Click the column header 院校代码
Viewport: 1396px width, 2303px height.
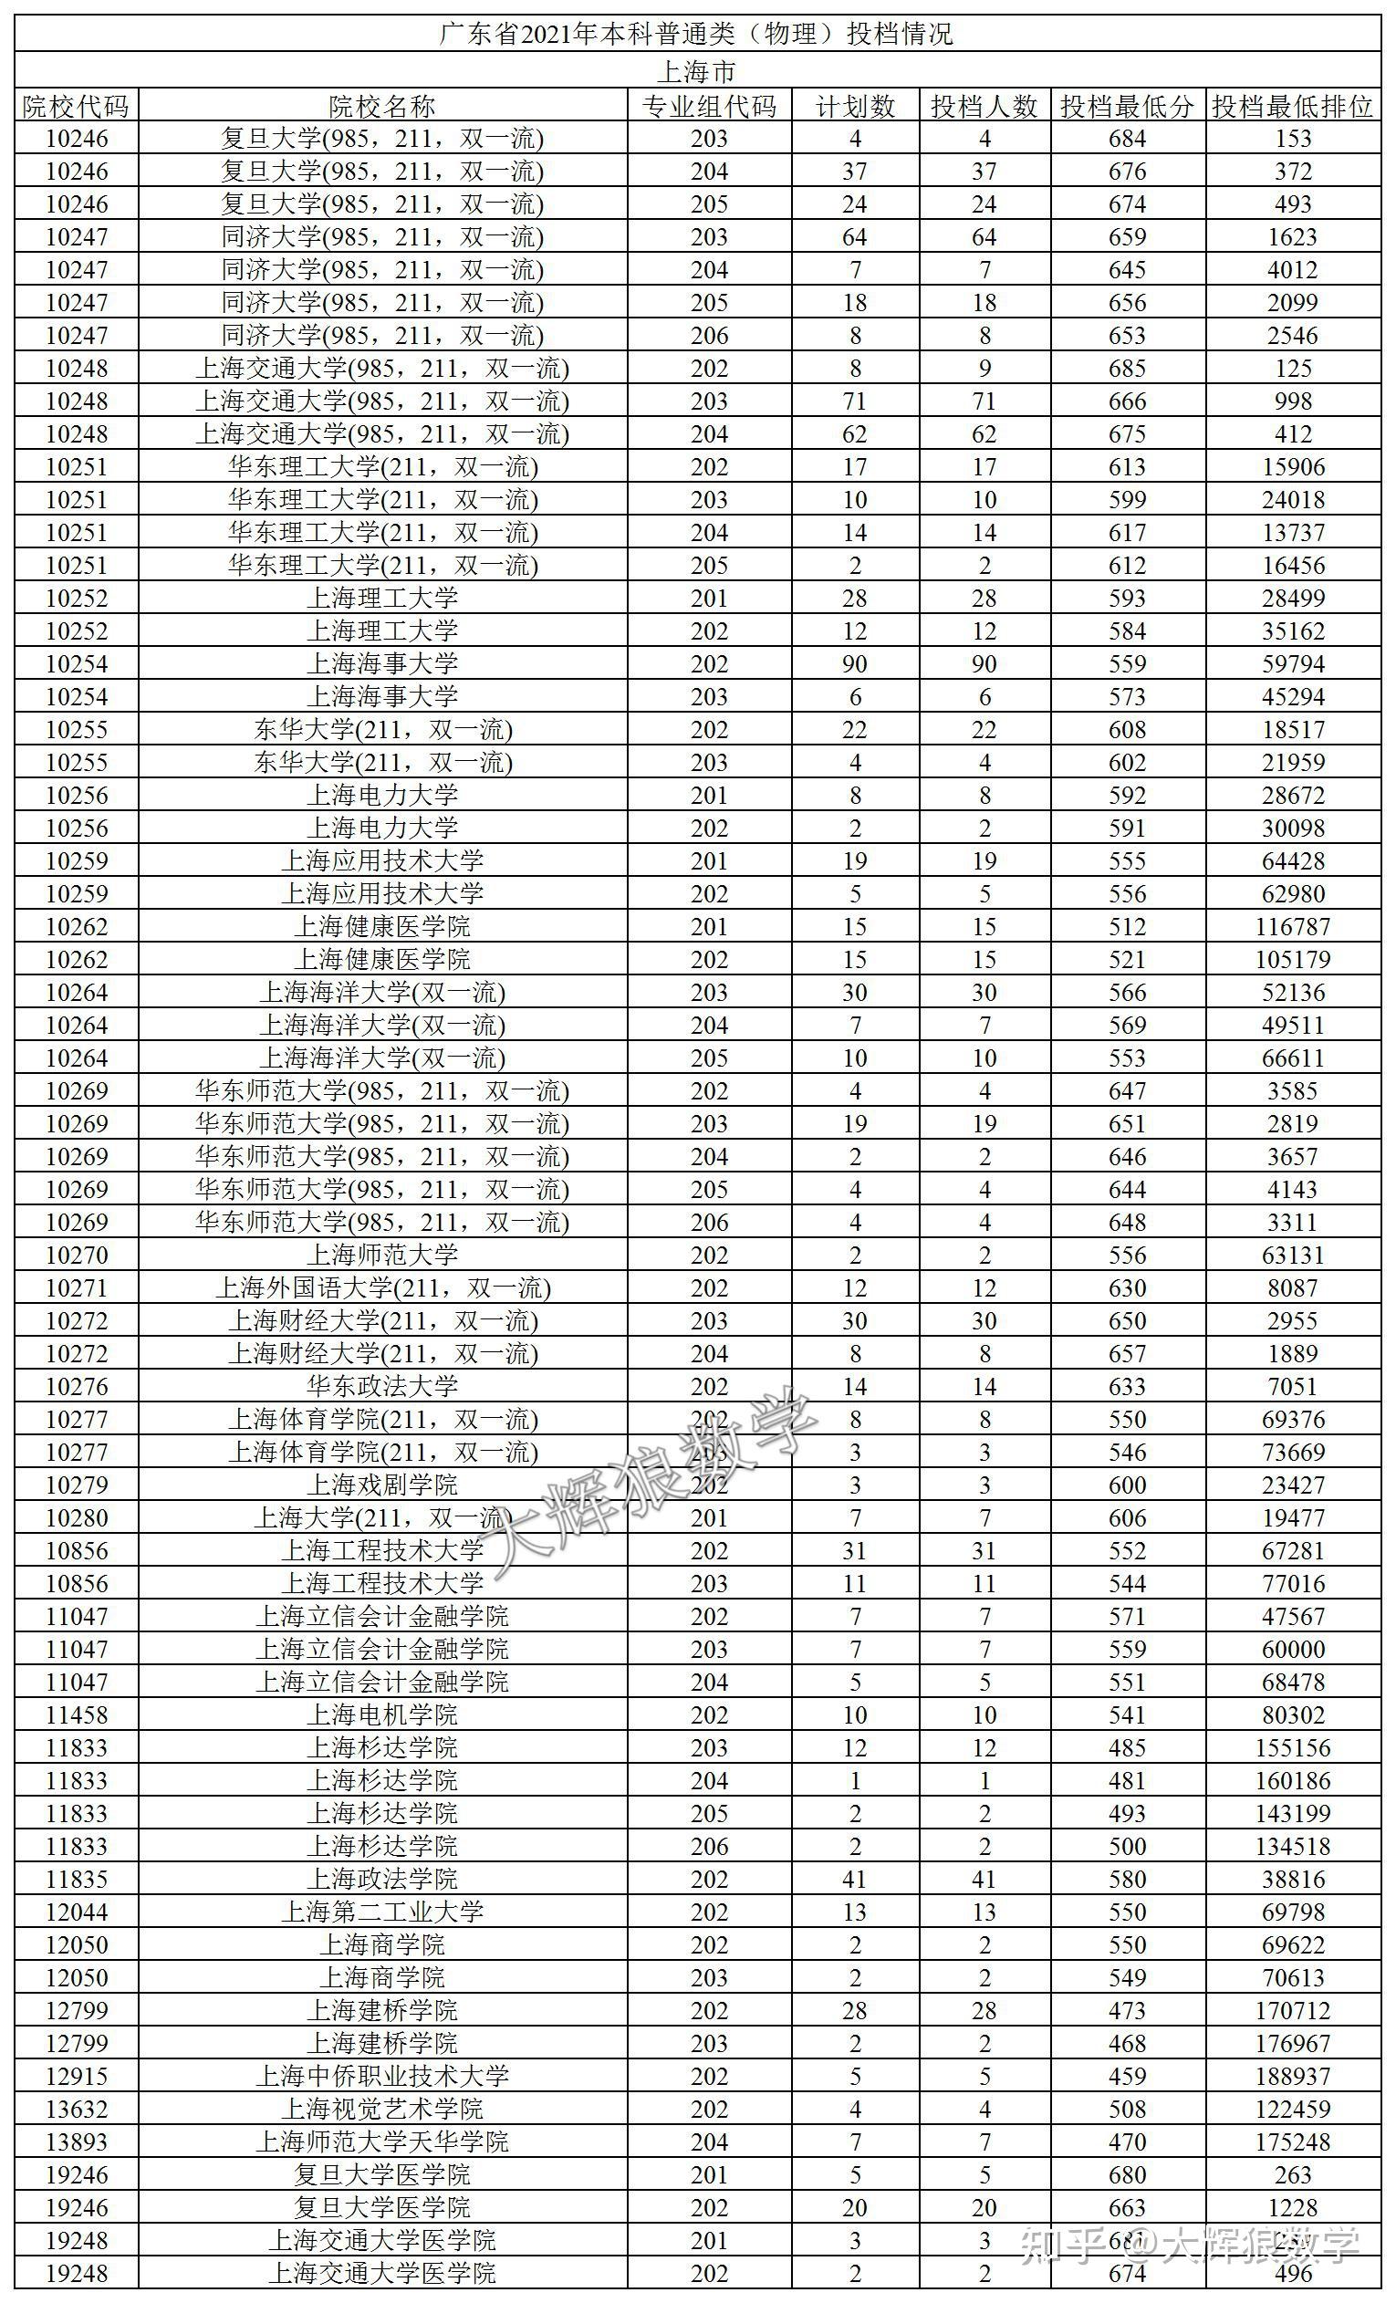(76, 106)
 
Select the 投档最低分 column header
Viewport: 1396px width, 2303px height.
(1127, 106)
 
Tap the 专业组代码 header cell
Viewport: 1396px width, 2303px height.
(708, 106)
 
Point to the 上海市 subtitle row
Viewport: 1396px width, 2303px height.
(697, 71)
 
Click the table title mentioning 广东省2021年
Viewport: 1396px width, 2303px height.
(697, 35)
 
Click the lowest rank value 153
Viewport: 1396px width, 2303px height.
(1292, 139)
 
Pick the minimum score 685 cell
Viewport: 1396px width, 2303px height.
(1127, 369)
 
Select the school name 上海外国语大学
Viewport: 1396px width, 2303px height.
(382, 1288)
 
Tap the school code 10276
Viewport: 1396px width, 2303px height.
(76, 1386)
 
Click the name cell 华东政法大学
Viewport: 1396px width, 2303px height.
(382, 1386)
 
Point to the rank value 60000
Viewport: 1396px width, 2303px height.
(1292, 1649)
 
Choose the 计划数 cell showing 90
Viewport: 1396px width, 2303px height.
(854, 663)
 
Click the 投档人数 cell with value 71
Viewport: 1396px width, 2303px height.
(984, 401)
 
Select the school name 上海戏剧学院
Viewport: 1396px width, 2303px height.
(382, 1485)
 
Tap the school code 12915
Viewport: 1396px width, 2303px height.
(76, 2076)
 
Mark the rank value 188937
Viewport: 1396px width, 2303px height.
(1292, 2076)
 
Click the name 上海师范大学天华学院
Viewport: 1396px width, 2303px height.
(382, 2141)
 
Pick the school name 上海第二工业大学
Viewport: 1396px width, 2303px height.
(382, 1912)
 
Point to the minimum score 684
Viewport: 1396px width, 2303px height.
(1127, 139)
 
